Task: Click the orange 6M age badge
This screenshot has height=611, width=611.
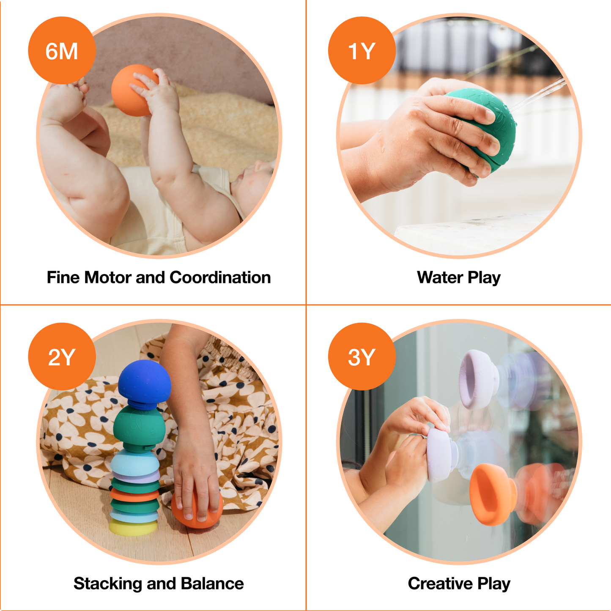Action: (62, 51)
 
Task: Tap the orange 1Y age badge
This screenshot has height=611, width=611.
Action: (362, 51)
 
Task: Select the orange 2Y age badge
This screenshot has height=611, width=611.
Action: (62, 356)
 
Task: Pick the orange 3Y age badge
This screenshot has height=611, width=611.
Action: (362, 356)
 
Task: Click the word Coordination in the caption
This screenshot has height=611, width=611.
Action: (220, 277)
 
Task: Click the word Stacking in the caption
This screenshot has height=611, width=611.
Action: (107, 584)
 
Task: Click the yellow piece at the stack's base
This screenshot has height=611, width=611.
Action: (133, 528)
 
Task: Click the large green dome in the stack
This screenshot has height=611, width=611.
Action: (139, 425)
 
